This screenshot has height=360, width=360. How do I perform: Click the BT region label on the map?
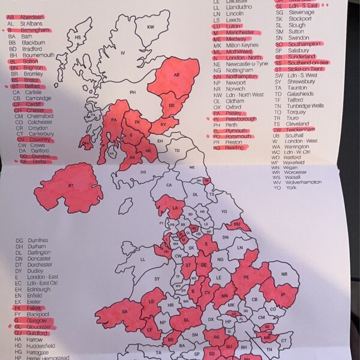tap(71, 187)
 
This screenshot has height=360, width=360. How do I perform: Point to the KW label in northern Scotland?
tap(151, 27)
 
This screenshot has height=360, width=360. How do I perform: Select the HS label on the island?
tap(77, 38)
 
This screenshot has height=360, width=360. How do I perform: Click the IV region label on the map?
tap(123, 53)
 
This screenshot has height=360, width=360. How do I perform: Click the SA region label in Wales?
tap(125, 311)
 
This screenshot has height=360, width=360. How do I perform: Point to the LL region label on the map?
tap(143, 259)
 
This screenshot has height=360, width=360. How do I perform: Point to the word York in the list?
tap(292, 188)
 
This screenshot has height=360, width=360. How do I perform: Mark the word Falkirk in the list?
tap(34, 308)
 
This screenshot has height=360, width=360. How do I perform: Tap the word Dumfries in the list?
tap(38, 241)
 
